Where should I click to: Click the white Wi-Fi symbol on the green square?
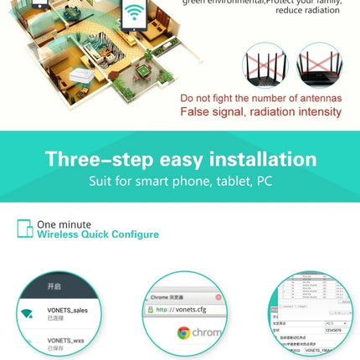(x=133, y=14)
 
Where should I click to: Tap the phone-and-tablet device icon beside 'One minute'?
(x=25, y=229)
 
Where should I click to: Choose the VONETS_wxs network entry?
(x=66, y=340)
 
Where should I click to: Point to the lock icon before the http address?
(x=151, y=309)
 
